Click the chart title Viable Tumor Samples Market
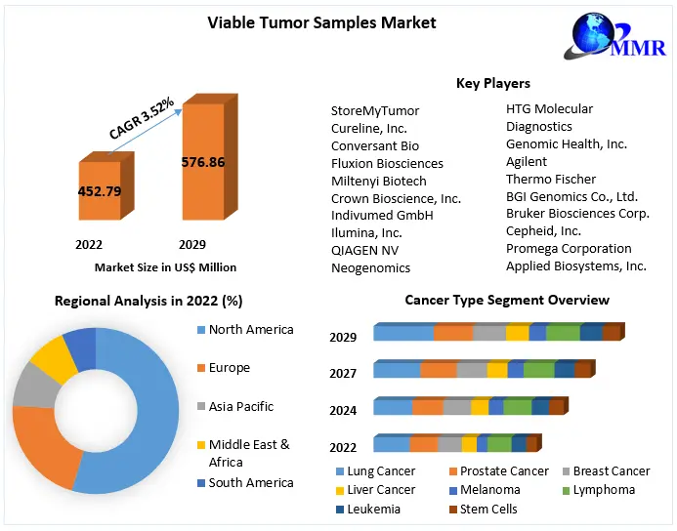[x=321, y=22]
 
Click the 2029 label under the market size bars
[x=192, y=244]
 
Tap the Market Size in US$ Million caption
[x=165, y=266]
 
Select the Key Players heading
[x=493, y=83]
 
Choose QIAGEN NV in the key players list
[x=364, y=250]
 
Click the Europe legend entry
[x=230, y=368]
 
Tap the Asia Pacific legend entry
[x=240, y=406]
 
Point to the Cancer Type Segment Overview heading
[x=507, y=300]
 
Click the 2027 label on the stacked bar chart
[x=343, y=374]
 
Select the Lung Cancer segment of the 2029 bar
[x=403, y=333]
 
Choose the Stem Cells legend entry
[x=489, y=509]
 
